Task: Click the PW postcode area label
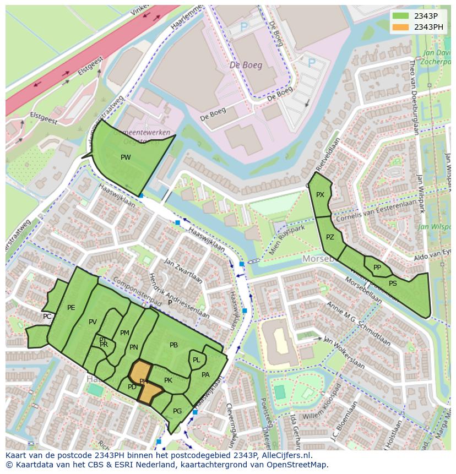[x=126, y=157]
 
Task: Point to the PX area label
[x=320, y=195]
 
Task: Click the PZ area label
[x=330, y=238]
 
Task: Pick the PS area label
[x=393, y=284]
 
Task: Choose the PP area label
[x=377, y=268]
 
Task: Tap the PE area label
[x=71, y=308]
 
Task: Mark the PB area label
[x=173, y=345]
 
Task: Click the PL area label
[x=196, y=360]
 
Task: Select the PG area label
[x=177, y=411]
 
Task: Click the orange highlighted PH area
[x=144, y=382]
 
